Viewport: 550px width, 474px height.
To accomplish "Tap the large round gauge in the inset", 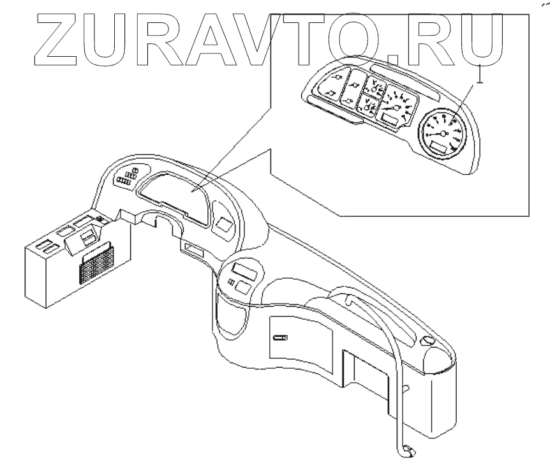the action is tap(442, 132).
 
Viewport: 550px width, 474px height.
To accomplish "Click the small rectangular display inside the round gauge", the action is tap(439, 149).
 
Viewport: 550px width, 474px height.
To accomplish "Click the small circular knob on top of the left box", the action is tap(100, 221).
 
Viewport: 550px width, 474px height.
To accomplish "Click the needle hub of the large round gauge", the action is tap(443, 133).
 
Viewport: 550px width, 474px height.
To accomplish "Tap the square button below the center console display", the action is tap(242, 287).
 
